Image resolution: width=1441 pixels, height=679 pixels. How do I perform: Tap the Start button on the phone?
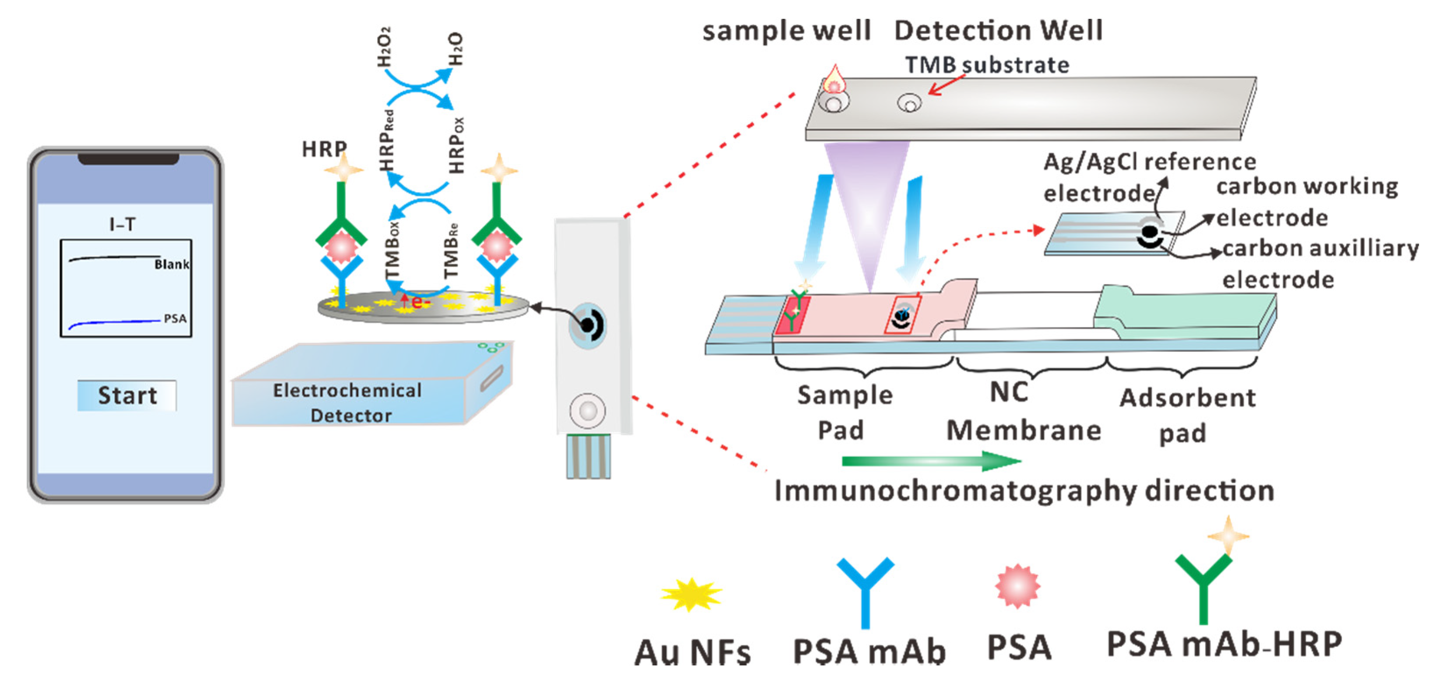point(127,395)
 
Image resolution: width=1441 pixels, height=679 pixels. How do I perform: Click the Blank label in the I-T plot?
point(171,264)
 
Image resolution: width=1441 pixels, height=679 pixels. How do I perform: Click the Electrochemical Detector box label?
point(348,403)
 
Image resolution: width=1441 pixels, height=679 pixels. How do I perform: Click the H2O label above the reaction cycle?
point(456,49)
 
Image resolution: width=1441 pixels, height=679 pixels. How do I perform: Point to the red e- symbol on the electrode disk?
point(416,303)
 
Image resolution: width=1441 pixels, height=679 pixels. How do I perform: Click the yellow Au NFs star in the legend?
point(692,595)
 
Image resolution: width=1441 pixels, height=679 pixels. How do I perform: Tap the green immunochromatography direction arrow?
point(931,461)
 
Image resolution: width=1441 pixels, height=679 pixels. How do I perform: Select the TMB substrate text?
point(987,65)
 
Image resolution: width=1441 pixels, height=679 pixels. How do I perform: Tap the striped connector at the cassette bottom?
point(588,457)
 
